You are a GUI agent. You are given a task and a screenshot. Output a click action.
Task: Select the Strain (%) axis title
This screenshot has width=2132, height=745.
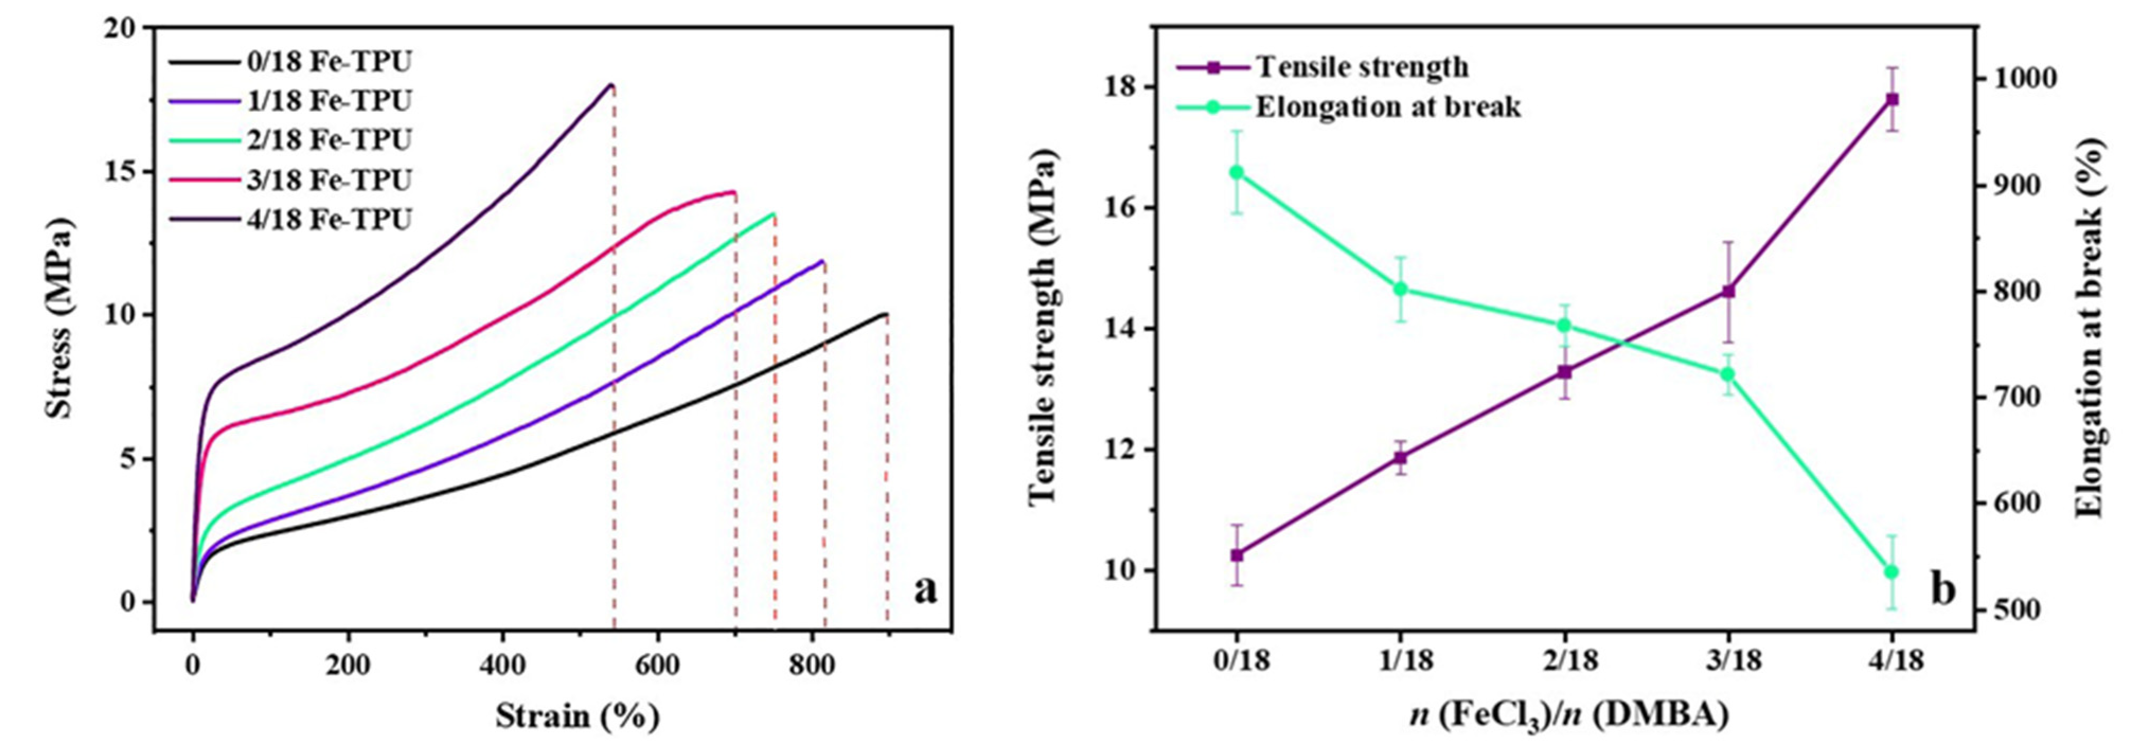[x=578, y=715]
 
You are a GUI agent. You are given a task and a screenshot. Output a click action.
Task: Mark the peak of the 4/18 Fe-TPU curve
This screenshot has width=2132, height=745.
[x=611, y=84]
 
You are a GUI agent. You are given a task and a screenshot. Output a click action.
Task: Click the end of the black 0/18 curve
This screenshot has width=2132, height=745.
[x=886, y=315]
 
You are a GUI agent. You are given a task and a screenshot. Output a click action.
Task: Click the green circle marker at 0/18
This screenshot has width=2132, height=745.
[x=1236, y=172]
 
